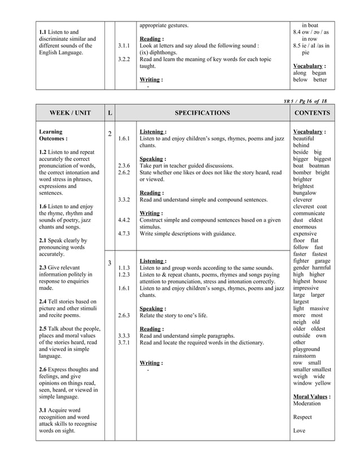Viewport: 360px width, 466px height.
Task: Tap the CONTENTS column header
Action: (311, 113)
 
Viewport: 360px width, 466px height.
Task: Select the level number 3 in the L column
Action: (109, 263)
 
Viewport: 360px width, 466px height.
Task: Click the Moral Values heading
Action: (311, 397)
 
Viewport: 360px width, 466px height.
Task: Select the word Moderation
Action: (307, 403)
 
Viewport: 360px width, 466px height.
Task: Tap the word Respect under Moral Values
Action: (302, 417)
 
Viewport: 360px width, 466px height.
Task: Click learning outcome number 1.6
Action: (43, 206)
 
